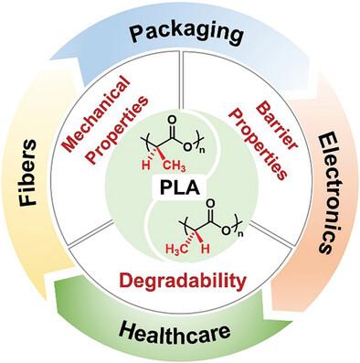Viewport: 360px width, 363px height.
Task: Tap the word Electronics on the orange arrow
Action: pos(331,194)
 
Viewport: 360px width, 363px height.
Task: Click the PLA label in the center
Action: pos(180,188)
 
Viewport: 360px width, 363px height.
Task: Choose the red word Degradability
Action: pos(182,281)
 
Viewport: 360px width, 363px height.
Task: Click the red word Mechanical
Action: pos(95,113)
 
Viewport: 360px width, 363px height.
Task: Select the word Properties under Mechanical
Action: pos(118,131)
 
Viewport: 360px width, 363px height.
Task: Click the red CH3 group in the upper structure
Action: pos(175,166)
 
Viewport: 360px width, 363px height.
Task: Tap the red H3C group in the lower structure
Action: pos(176,250)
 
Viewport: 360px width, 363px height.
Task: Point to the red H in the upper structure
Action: pos(146,165)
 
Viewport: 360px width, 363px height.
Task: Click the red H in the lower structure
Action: pos(206,249)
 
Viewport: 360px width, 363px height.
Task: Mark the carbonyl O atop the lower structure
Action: pos(210,204)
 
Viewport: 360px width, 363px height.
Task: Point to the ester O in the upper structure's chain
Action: pos(189,146)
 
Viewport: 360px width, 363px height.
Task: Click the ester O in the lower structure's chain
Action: pos(227,230)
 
